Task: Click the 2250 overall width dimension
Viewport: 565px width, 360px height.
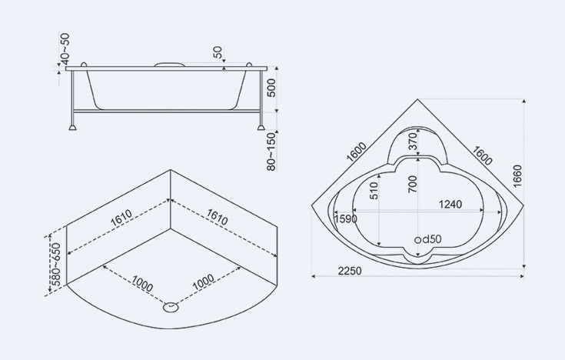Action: [349, 271]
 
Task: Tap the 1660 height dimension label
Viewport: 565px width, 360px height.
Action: [517, 176]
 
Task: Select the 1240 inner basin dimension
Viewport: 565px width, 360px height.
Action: [450, 204]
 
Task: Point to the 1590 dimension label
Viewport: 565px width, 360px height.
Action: [346, 219]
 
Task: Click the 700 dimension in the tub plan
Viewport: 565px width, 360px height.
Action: [413, 184]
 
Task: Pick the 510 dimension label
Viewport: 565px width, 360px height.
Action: [374, 191]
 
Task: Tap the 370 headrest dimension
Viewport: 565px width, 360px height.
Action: [413, 141]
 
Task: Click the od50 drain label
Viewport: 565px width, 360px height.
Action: [427, 239]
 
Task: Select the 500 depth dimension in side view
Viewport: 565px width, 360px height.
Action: [271, 88]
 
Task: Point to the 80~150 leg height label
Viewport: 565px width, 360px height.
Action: [271, 152]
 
